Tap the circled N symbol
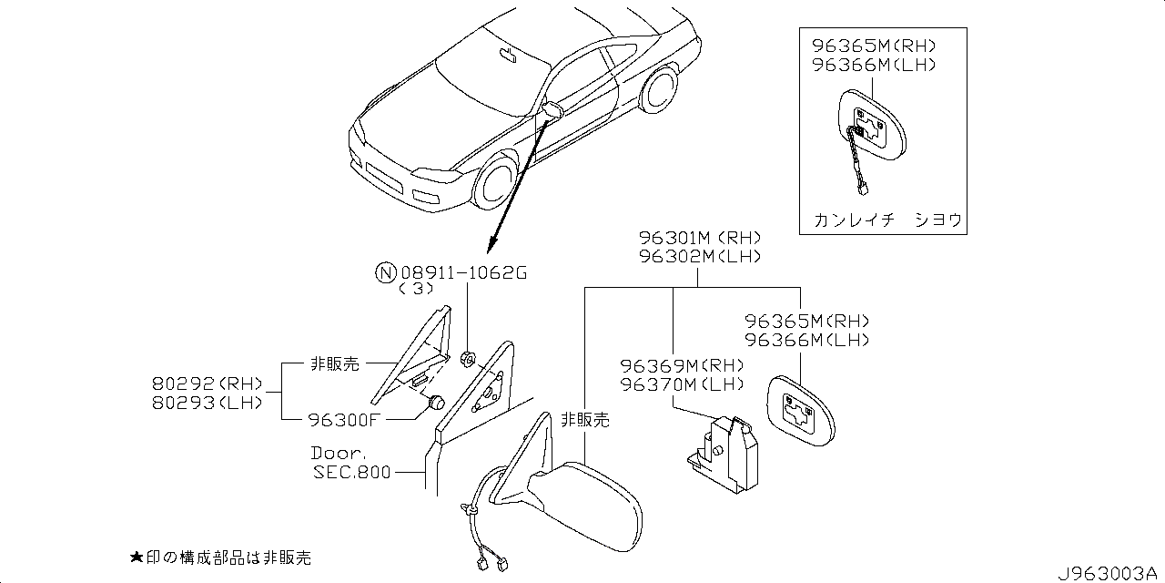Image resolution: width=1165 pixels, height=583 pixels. pyautogui.click(x=386, y=271)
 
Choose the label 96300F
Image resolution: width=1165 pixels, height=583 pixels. pyautogui.click(x=343, y=419)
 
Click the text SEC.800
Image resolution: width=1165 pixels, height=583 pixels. pyautogui.click(x=352, y=472)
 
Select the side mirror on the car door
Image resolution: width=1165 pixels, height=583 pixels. pyautogui.click(x=552, y=110)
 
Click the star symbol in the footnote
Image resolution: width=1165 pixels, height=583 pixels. pyautogui.click(x=137, y=557)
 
